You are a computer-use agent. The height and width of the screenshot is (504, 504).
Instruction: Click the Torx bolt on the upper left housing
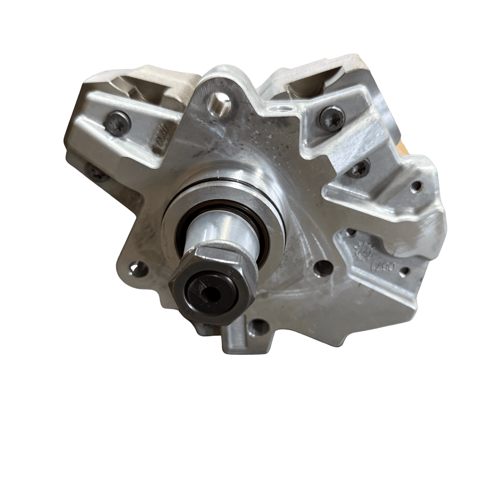(x=118, y=124)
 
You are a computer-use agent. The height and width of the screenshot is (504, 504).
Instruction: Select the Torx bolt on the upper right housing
(x=332, y=119)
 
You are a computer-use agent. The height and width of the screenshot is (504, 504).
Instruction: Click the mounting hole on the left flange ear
(x=138, y=269)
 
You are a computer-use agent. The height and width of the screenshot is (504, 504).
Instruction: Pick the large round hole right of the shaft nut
(x=323, y=268)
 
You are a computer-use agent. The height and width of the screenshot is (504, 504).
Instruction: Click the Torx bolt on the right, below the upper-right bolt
(x=359, y=169)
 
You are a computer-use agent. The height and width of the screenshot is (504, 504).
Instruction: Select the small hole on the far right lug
(x=416, y=186)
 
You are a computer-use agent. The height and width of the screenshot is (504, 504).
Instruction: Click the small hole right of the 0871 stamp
(x=404, y=272)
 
